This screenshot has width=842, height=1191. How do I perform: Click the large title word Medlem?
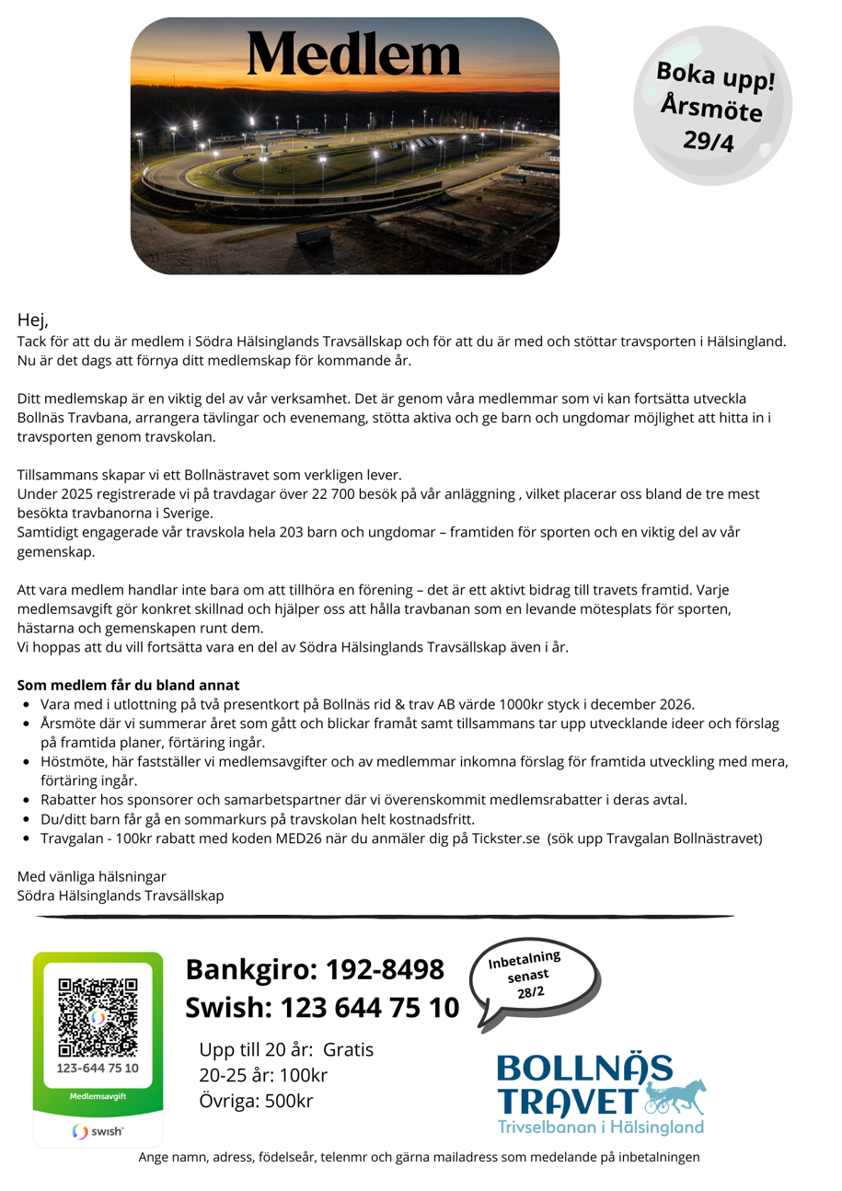[x=353, y=54]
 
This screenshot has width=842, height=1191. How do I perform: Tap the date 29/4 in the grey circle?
[x=709, y=140]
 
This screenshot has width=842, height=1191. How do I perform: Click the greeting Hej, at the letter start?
[x=32, y=320]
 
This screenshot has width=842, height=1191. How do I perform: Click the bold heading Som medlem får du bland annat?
[x=128, y=685]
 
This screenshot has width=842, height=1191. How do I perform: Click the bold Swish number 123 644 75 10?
[x=368, y=1008]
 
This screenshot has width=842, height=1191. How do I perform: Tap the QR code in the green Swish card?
[x=98, y=1017]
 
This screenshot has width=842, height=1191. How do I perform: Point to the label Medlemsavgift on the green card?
[x=98, y=1097]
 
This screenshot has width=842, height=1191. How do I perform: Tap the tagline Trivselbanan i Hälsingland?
[x=601, y=1127]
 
